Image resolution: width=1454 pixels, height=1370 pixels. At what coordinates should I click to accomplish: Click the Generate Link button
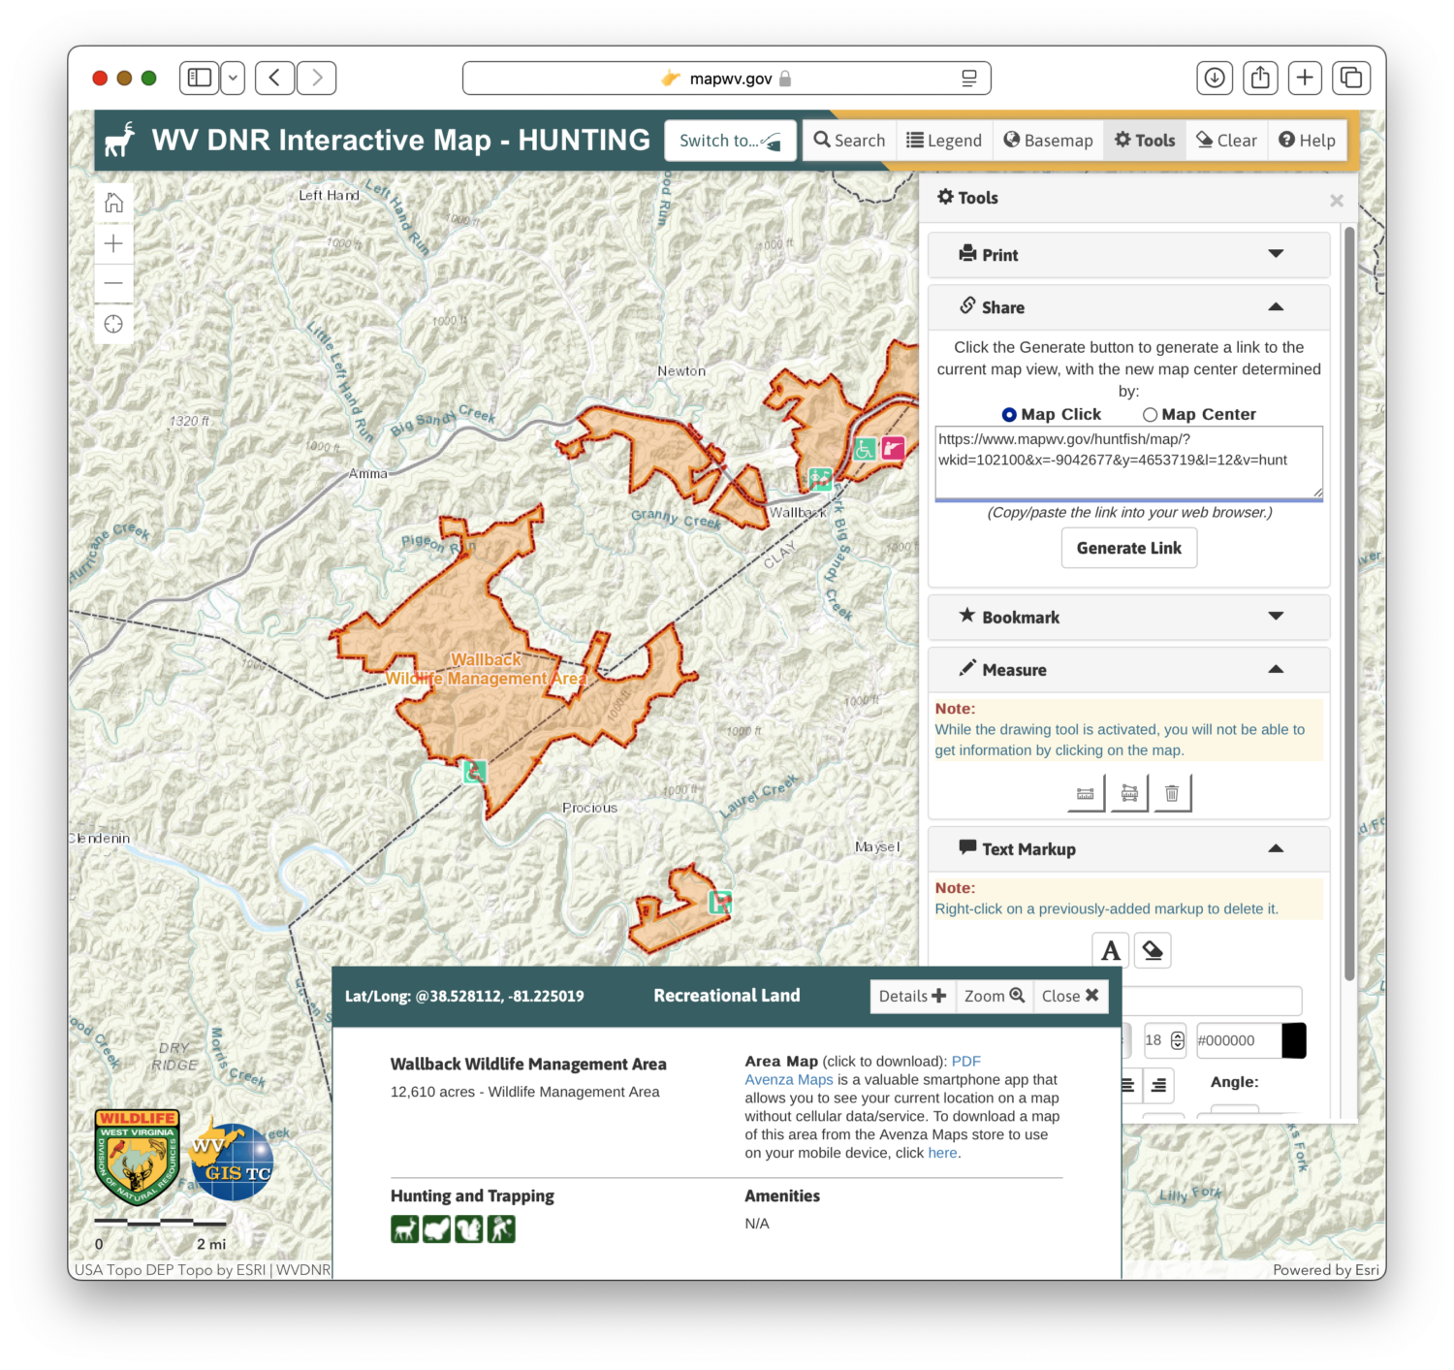pos(1129,548)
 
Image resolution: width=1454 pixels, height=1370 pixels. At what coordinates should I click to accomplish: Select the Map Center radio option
pos(1151,415)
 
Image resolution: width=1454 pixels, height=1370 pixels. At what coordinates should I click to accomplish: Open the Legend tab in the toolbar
pos(944,141)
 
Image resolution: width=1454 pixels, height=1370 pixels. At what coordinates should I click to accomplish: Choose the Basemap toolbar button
pos(1048,141)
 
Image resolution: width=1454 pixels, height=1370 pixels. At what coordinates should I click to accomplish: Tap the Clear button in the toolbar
pos(1226,141)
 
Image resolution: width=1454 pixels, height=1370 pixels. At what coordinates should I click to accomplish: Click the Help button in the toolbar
pos(1307,141)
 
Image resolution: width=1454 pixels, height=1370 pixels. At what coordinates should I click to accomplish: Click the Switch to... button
pos(730,141)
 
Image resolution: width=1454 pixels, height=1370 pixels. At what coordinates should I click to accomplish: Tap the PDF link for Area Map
pos(965,1062)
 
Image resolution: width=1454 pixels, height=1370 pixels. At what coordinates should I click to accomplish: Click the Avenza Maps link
pos(788,1080)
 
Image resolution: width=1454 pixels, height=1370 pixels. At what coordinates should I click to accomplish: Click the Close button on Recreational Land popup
pos(1069,996)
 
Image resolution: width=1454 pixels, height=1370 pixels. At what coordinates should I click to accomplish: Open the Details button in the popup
pos(912,996)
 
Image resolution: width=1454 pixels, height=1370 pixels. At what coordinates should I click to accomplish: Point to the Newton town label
pos(681,371)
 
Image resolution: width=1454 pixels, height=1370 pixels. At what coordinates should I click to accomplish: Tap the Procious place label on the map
pos(589,808)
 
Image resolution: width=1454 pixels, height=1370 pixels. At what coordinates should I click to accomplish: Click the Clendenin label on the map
pos(100,839)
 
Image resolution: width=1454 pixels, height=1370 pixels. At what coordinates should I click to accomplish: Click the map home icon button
pos(114,203)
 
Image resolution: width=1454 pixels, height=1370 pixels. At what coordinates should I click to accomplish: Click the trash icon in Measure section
pos(1172,793)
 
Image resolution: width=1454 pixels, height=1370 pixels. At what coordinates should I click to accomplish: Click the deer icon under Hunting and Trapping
pos(405,1229)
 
